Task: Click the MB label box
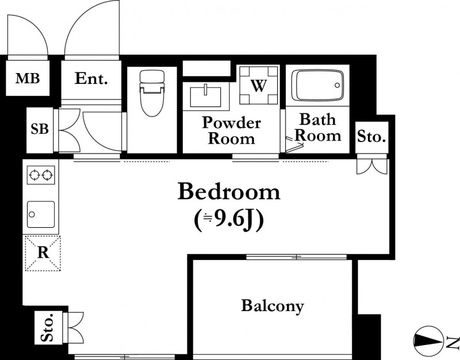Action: (28, 78)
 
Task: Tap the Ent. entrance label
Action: (91, 78)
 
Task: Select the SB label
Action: (40, 128)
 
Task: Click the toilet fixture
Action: (152, 93)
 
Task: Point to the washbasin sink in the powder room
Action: (205, 96)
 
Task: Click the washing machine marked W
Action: (258, 85)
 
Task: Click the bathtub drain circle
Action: (337, 85)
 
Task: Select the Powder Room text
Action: (232, 130)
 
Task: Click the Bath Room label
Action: (318, 127)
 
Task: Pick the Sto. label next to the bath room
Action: (371, 136)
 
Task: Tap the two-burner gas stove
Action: (41, 175)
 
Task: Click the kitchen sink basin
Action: (41, 214)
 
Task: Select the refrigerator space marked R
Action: (43, 253)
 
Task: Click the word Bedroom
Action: (229, 192)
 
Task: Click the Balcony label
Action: (273, 306)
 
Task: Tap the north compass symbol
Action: (428, 341)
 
